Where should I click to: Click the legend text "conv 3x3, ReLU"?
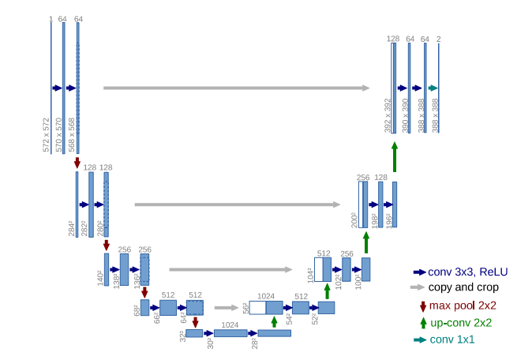468,271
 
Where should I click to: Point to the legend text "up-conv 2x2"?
461,322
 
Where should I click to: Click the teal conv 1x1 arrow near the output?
433,88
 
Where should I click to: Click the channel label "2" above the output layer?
439,38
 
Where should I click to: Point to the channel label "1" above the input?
51,17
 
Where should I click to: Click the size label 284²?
72,229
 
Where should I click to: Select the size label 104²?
309,275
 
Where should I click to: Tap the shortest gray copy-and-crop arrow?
227,308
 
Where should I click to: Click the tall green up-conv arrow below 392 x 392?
394,157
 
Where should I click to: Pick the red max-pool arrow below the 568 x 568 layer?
77,163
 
